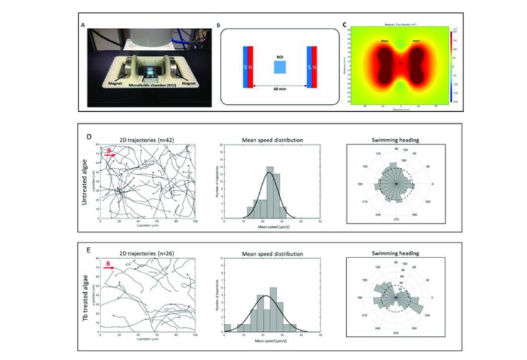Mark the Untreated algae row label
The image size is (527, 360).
(x=85, y=181)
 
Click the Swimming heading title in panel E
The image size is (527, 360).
(x=397, y=253)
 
